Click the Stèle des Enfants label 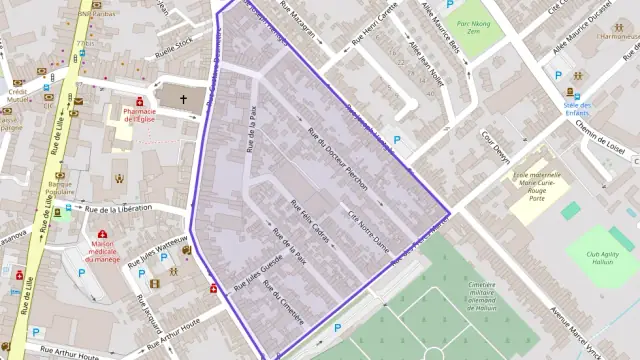point(576,109)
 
